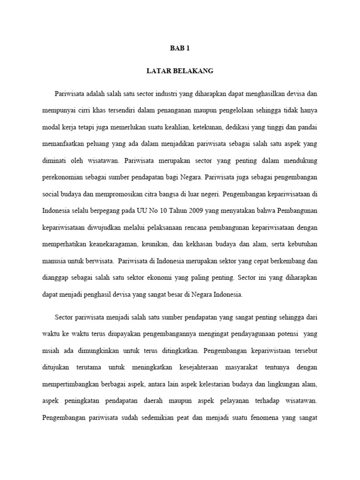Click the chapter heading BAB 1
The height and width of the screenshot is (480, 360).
(180, 48)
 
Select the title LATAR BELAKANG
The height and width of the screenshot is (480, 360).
(180, 71)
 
